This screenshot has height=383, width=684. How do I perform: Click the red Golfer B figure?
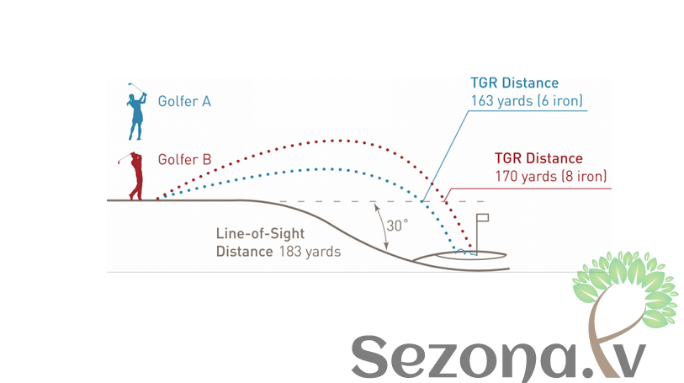[135, 178]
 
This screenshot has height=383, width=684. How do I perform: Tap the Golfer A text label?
[184, 101]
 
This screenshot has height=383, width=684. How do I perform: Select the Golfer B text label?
[184, 158]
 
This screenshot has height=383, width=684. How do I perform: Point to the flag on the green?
[483, 221]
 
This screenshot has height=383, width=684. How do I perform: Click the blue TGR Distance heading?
[514, 83]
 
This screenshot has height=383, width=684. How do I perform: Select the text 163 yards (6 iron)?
[527, 101]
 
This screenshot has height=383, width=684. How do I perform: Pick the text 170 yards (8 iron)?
[551, 177]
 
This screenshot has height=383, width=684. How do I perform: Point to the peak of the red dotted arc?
[337, 140]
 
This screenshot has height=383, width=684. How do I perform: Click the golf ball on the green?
[460, 251]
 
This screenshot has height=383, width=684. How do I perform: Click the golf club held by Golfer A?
[134, 86]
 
